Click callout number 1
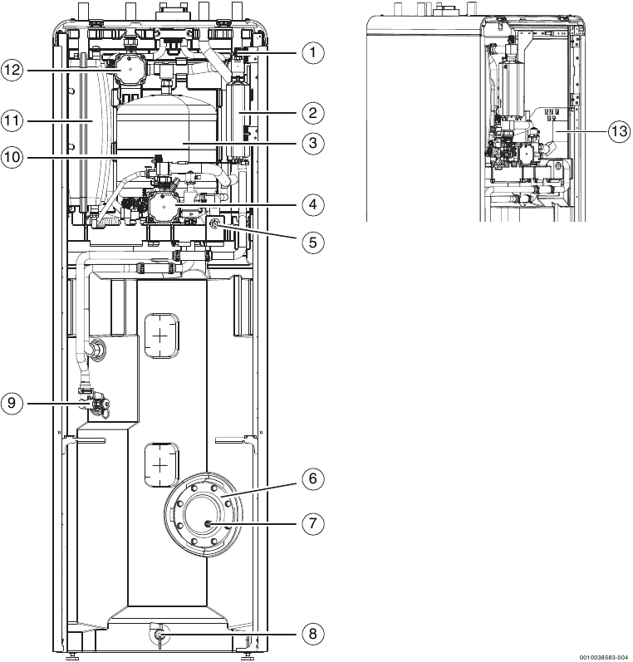(x=312, y=53)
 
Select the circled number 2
(x=312, y=112)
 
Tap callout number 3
(x=312, y=144)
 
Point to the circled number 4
(x=312, y=204)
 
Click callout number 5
(x=312, y=242)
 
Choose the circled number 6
(x=312, y=478)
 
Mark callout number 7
(x=312, y=524)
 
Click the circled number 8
(x=312, y=634)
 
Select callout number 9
(x=12, y=404)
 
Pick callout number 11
(x=12, y=120)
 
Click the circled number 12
(x=12, y=71)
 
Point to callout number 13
(x=619, y=130)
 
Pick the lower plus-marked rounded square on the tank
(x=162, y=459)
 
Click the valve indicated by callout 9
(x=100, y=404)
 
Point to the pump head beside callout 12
(x=130, y=71)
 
